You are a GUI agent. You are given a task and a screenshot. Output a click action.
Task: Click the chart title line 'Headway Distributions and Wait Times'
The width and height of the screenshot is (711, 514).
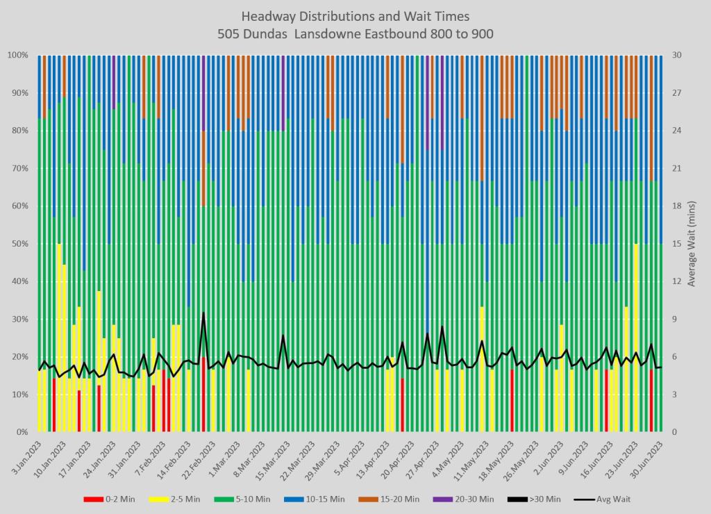[355, 15]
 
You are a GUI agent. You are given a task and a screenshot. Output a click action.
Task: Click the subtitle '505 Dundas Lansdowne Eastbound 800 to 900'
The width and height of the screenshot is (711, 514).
[355, 33]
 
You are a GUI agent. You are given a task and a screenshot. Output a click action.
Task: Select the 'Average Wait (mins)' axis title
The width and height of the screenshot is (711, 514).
[692, 244]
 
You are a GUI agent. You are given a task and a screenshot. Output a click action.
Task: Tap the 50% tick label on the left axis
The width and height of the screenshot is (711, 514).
[19, 244]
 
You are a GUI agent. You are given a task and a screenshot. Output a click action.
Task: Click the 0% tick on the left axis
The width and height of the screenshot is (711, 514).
[22, 432]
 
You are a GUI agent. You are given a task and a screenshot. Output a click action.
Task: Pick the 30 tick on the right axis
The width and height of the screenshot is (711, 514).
[676, 55]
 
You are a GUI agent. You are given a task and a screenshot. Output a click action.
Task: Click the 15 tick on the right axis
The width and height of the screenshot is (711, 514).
[676, 244]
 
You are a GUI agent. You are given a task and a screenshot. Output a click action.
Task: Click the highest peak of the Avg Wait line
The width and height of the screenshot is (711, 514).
[203, 313]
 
